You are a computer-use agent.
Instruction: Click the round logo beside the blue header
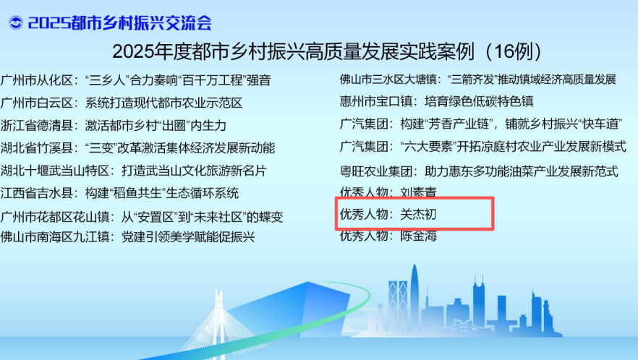(16, 22)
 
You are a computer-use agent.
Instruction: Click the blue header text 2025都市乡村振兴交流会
(120, 23)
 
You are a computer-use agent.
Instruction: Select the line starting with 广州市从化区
(135, 80)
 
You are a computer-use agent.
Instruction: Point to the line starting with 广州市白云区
(122, 103)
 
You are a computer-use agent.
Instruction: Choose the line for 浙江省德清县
(113, 125)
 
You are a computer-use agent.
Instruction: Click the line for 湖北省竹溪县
(137, 147)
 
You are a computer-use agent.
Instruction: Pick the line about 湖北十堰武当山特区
(133, 171)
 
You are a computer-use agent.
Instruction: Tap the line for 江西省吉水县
(119, 193)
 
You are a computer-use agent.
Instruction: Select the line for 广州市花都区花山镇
(142, 217)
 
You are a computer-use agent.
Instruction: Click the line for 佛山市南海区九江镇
(127, 236)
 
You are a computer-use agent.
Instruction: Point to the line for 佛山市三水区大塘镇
(478, 80)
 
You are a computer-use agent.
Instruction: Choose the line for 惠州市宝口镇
(437, 101)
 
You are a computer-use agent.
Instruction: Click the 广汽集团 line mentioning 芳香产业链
(481, 124)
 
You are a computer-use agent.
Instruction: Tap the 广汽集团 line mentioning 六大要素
(483, 146)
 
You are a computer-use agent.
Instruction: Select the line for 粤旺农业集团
(479, 171)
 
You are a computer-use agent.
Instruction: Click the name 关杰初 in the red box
(419, 214)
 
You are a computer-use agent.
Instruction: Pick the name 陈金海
(419, 236)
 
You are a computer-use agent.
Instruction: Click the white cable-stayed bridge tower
(219, 322)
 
